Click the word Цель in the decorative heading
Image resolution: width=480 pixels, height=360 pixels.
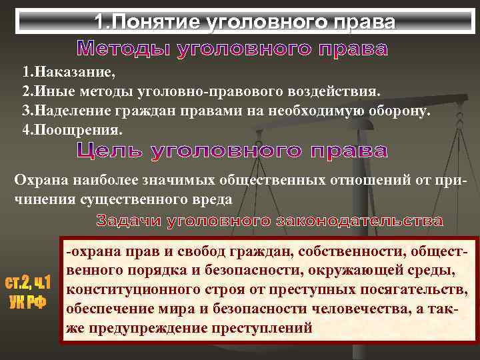pyautogui.click(x=111, y=151)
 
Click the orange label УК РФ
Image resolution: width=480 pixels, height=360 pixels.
pyautogui.click(x=28, y=301)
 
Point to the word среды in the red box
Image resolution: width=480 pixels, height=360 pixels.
pyautogui.click(x=435, y=271)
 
